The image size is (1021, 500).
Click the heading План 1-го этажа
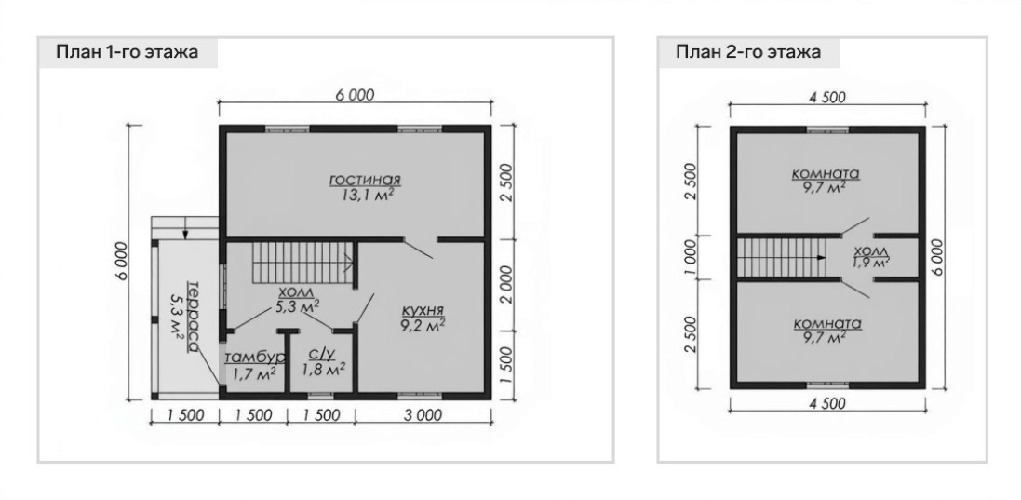coord(127,52)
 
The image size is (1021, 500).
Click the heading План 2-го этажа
coord(748,52)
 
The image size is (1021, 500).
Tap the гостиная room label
coord(365,179)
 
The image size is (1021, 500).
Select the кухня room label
coord(423,310)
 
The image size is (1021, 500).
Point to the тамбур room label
coord(255,358)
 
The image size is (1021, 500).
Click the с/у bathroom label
coord(322,354)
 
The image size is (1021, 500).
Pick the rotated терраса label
coord(192,318)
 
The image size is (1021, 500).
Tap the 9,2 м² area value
coord(423,325)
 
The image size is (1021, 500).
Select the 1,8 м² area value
coord(323,370)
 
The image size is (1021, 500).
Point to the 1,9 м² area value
coord(871,263)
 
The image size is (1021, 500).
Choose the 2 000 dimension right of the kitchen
coord(507,284)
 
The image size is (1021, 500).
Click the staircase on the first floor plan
coord(302,261)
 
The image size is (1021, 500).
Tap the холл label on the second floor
coord(871,251)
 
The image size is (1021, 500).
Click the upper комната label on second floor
coord(826,174)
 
